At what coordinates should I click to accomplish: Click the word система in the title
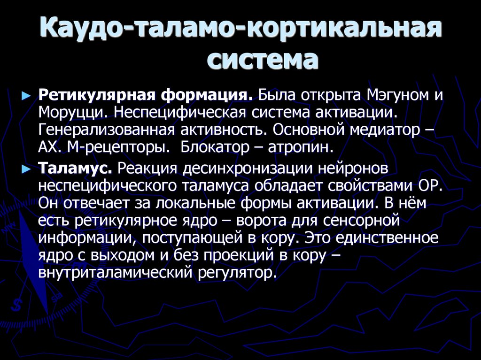[x=263, y=61]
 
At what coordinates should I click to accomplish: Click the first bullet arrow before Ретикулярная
[x=26, y=96]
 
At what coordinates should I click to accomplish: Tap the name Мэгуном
[x=395, y=96]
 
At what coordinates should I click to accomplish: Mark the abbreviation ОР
[x=428, y=186]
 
